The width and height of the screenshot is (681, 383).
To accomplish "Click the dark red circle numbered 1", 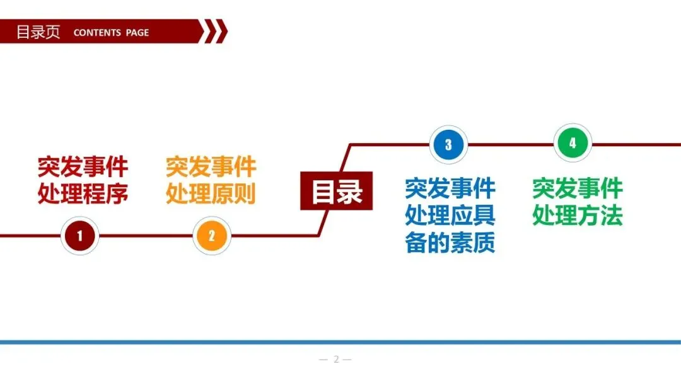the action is pos(79,236).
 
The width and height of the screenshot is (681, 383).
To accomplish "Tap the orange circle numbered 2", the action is pos(212,236).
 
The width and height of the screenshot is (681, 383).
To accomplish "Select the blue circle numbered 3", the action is pos(448,144).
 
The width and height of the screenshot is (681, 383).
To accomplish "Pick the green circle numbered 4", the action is pos(573,144).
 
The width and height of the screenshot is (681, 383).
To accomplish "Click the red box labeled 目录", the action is pos(337,191).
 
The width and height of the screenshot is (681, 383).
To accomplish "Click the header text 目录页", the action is pos(38,32).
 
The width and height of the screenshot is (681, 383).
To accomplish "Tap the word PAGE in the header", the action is pos(137,33).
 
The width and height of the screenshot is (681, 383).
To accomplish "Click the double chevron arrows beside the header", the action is pos(215,31).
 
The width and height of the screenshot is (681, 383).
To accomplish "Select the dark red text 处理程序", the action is pos(83,193).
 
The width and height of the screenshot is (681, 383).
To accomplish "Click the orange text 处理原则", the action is pos(211,193).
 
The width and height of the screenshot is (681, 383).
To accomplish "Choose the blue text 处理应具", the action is pos(450,215).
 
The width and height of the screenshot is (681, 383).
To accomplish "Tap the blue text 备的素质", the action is pos(450,243).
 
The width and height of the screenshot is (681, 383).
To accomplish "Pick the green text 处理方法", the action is pos(578,215).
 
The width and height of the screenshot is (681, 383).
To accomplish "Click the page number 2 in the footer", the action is pos(336,360).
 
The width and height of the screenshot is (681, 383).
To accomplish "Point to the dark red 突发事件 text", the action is pos(83,167).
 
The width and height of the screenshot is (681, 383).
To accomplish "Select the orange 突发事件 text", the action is pos(211,167).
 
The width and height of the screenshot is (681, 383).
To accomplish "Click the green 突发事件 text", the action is pos(578,188).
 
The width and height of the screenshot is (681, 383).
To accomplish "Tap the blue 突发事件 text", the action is pos(450,188).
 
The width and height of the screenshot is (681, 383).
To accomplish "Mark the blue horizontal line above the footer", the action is pos(340,342).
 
